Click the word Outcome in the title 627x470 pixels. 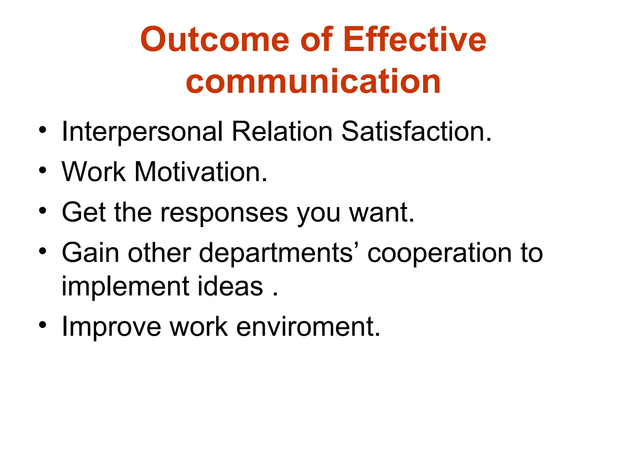[214, 39]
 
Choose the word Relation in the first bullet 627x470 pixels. [282, 131]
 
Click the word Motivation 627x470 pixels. [201, 172]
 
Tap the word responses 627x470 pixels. [224, 213]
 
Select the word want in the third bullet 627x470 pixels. [381, 212]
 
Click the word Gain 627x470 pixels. [90, 253]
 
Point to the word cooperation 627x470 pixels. [439, 253]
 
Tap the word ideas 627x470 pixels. [230, 286]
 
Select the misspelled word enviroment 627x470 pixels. [308, 327]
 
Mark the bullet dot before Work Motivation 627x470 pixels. [43, 170]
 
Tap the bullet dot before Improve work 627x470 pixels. [43, 325]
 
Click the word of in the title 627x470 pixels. [316, 39]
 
